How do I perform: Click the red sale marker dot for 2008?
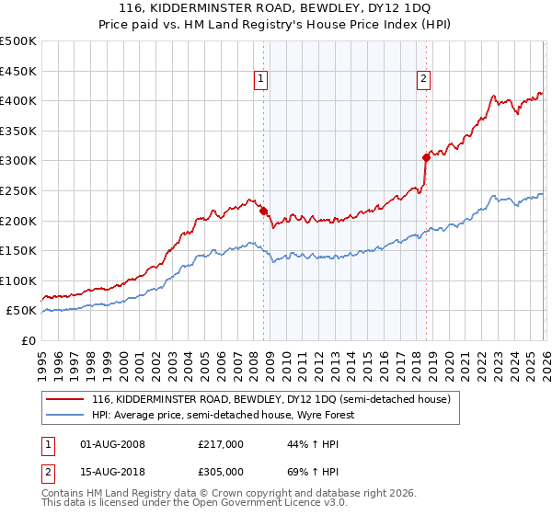pos(263,211)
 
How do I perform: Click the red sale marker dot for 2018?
pos(426,157)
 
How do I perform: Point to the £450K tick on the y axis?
pos(18,71)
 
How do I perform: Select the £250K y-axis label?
pos(18,190)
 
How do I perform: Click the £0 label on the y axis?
pos(28,340)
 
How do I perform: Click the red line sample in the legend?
pos(66,400)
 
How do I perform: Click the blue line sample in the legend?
pos(66,416)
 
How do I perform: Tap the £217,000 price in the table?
pos(221,444)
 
